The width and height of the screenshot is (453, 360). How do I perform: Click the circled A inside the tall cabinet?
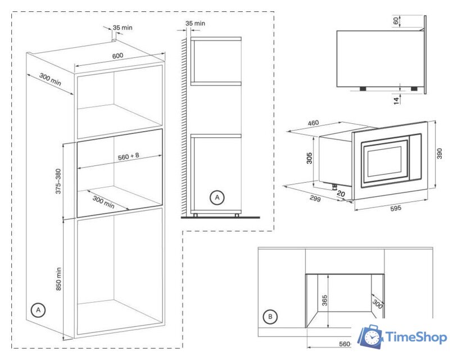click(38, 310)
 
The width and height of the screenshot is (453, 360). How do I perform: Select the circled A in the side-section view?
click(216, 197)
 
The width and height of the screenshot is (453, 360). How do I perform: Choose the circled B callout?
click(271, 317)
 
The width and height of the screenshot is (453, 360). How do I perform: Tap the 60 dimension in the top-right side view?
click(396, 20)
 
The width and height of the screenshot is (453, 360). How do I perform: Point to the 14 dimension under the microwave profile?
click(396, 100)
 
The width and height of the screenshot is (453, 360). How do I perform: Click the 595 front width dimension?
click(395, 208)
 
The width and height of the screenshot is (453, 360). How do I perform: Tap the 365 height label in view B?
click(324, 301)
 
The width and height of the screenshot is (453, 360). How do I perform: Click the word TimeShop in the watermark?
click(415, 336)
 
